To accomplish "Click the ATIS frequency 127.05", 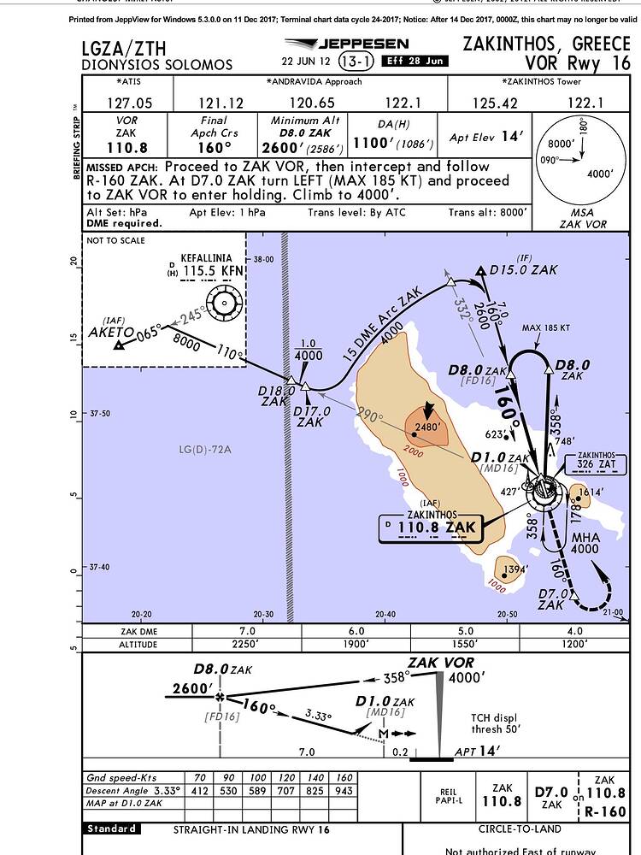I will [127, 103].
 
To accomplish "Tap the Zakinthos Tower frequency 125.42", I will [495, 103].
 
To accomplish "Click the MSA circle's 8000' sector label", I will [561, 143].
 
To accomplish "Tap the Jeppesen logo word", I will [362, 44].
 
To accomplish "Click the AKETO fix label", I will [111, 332].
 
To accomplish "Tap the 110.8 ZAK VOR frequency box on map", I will [437, 528].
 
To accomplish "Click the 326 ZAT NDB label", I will [597, 464].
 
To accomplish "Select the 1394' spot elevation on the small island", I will [515, 568].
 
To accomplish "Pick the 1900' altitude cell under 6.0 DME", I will [356, 644].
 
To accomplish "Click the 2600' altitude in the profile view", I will [191, 688].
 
